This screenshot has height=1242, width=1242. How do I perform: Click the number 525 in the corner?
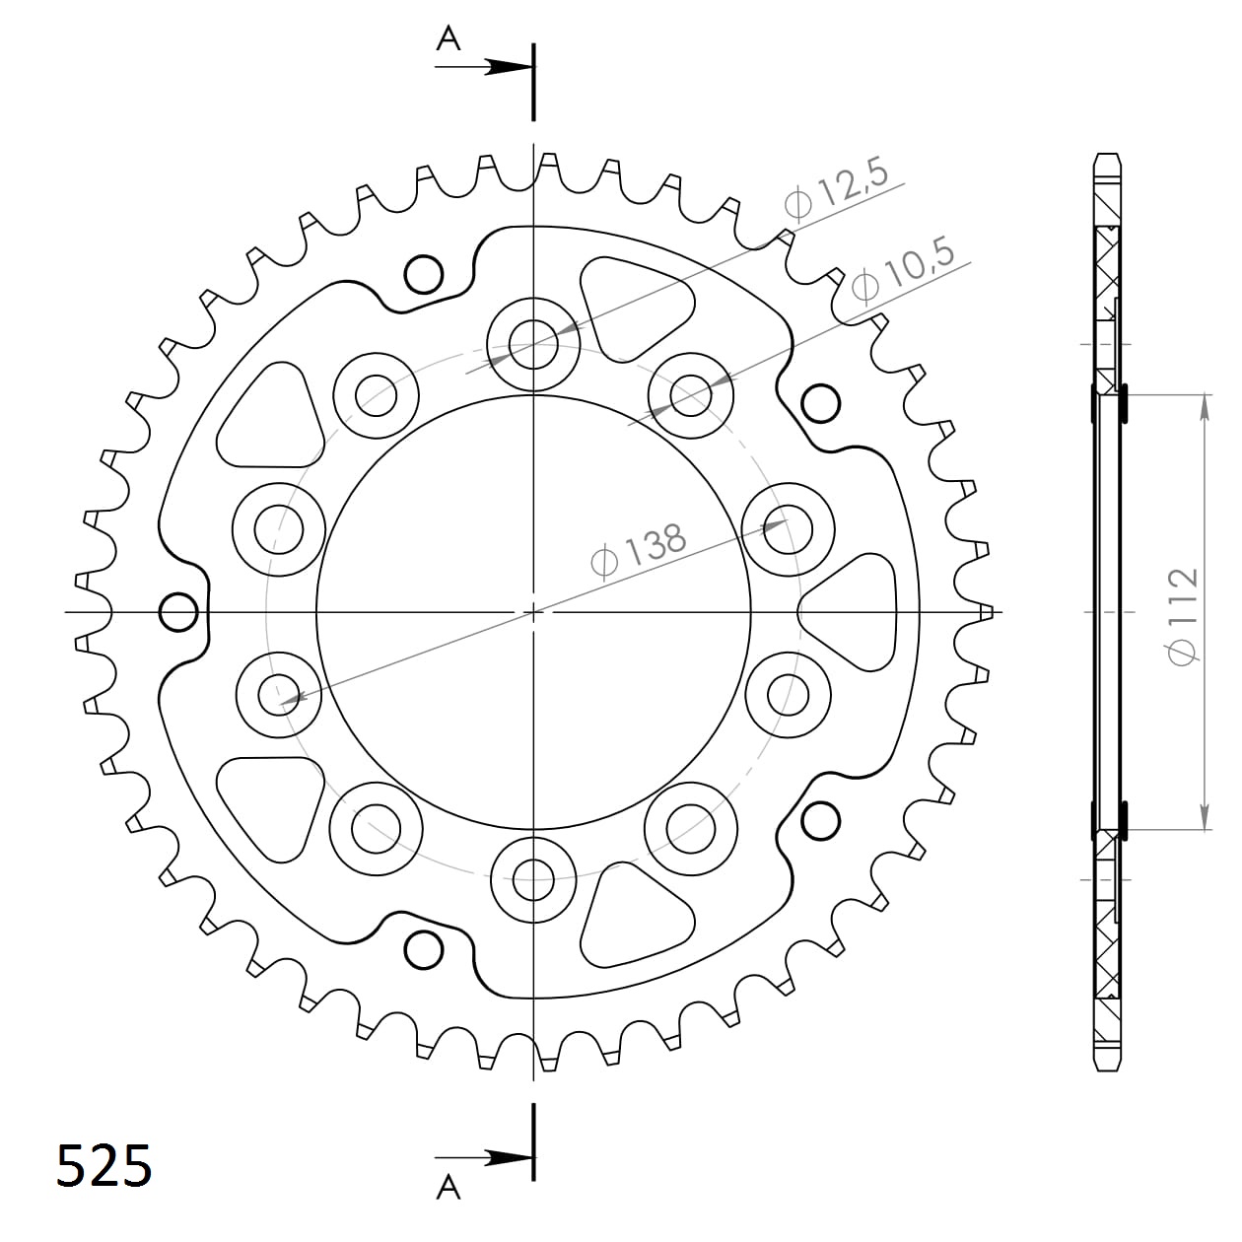103,1165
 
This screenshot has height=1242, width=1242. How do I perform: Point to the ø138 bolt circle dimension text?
638,549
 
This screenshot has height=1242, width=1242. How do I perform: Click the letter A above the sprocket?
448,38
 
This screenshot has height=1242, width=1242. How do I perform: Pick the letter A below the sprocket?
448,1188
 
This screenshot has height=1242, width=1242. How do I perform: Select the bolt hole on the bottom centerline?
533,879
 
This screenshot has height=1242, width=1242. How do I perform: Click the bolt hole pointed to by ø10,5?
691,395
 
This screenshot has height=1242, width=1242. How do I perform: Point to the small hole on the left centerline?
178,612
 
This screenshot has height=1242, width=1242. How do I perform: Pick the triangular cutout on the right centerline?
853,612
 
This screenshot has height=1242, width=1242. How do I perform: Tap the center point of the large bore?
533,612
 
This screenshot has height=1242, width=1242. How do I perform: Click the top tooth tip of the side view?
1108,161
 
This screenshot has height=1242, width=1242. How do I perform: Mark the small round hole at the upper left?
424,273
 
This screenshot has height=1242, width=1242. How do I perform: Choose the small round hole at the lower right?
821,820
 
